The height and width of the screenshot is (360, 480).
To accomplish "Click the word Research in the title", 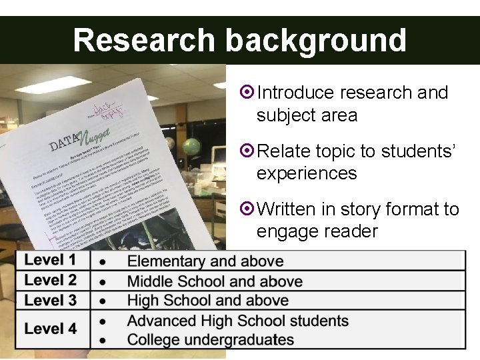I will click(x=142, y=40).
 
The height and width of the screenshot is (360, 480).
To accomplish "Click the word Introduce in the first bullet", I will click(x=295, y=93).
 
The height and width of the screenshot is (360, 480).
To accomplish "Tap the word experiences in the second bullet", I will click(x=306, y=173).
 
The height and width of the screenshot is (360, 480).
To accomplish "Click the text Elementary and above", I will click(x=205, y=261).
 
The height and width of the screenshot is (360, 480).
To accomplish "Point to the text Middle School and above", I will click(x=215, y=281).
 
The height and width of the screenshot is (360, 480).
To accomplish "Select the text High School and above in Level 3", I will click(x=208, y=301).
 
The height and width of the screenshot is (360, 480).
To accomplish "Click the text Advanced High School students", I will click(x=238, y=321).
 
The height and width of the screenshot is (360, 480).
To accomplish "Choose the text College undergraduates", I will click(x=211, y=339).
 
